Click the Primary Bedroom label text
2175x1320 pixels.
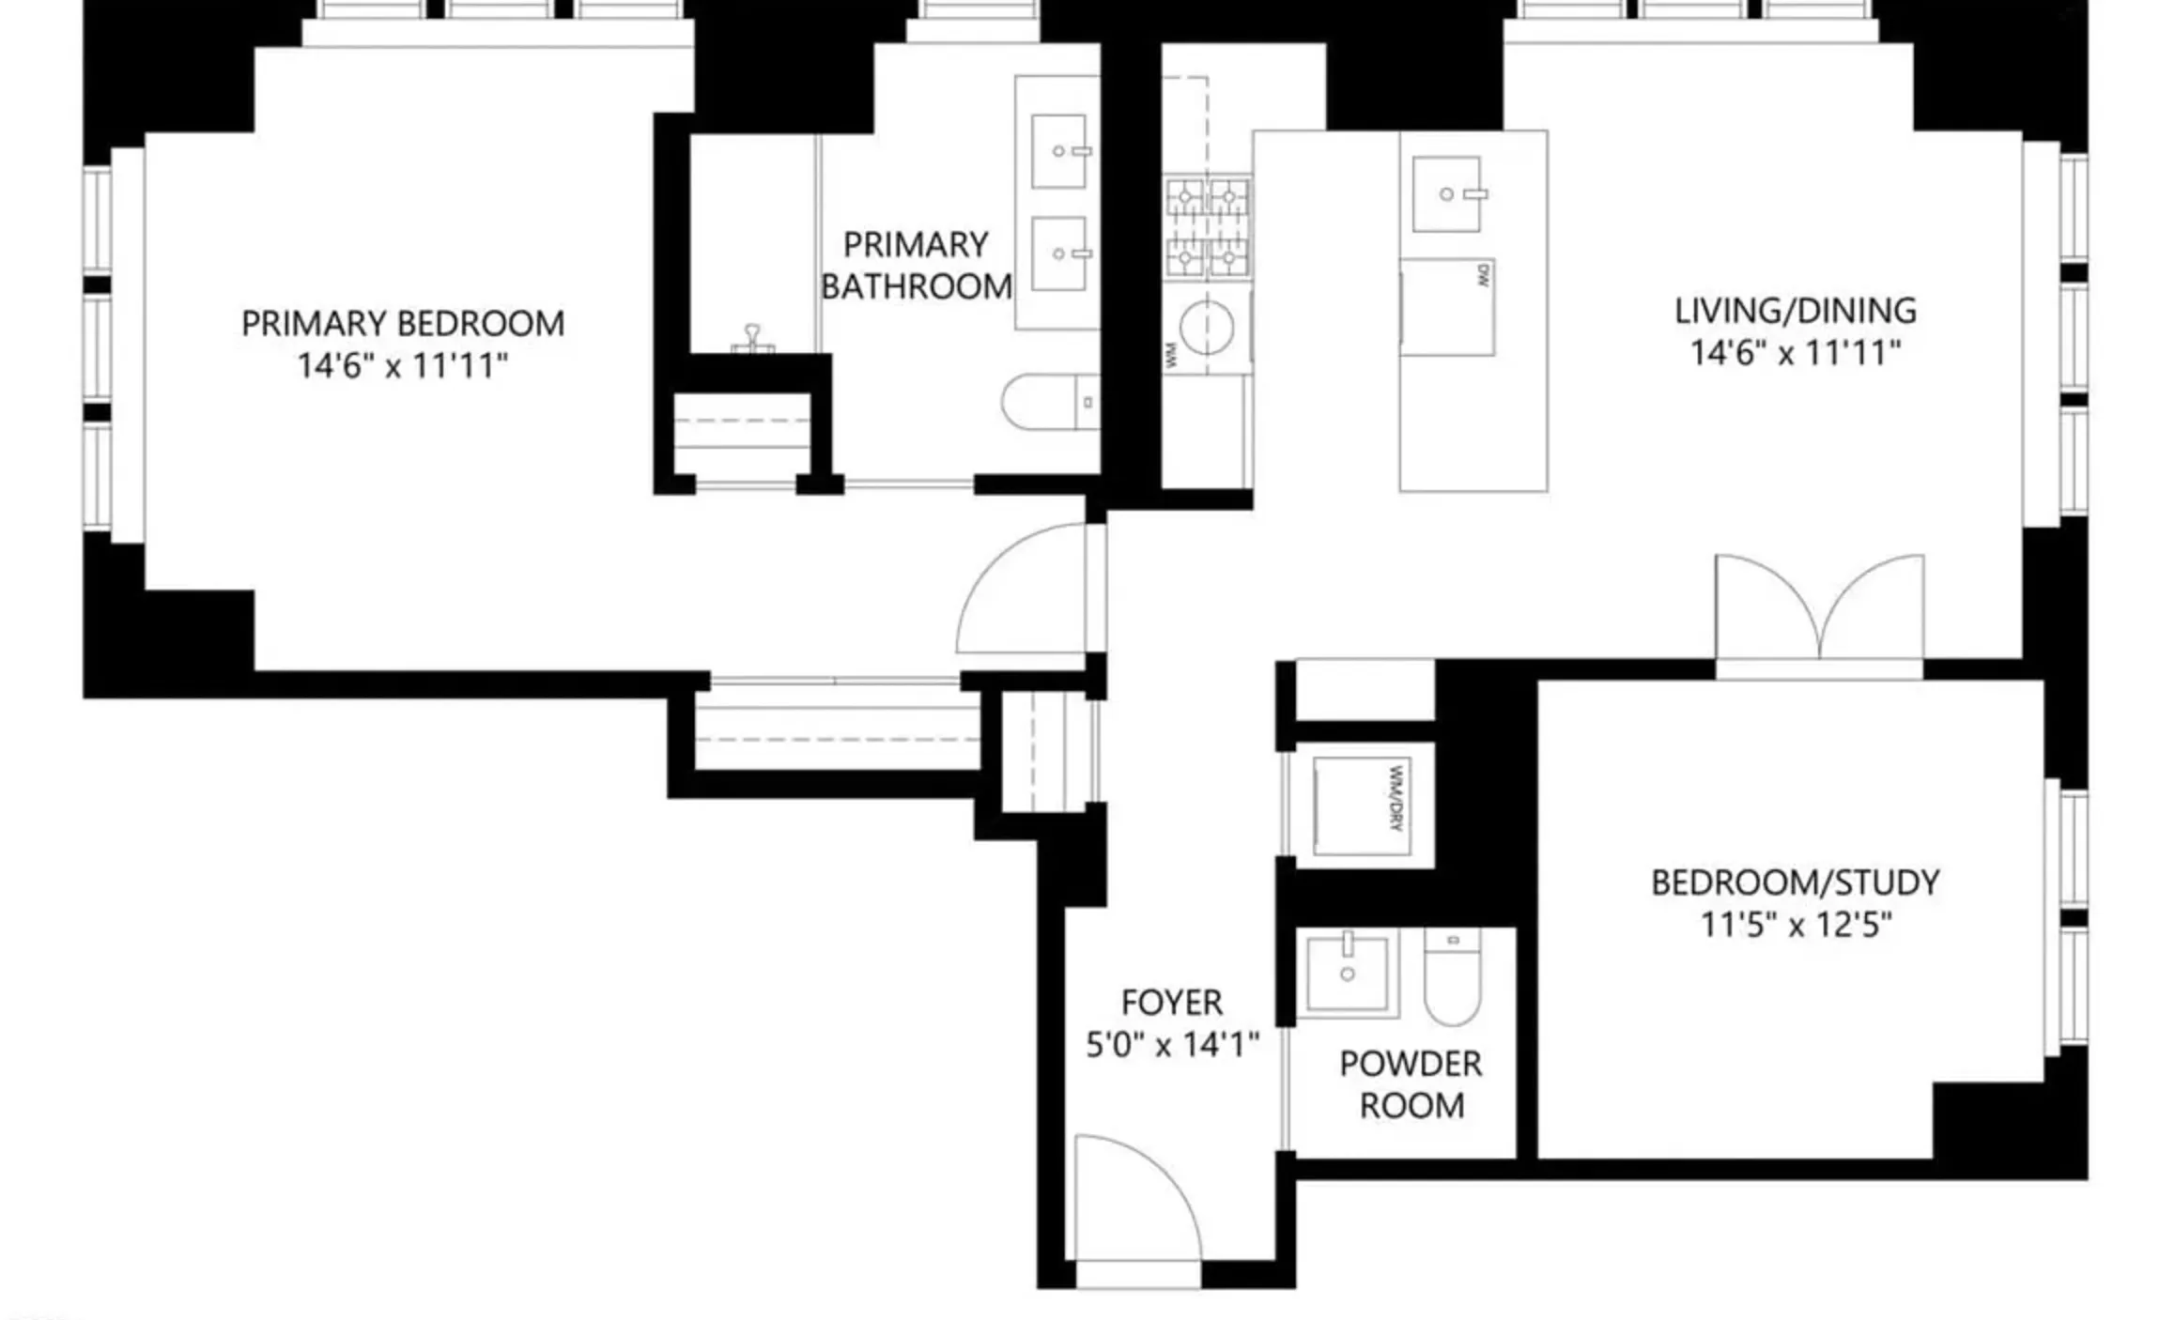[x=403, y=324]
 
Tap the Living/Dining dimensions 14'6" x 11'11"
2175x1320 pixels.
[x=1795, y=354]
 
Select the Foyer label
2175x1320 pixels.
[x=1171, y=1003]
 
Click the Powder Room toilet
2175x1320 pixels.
[x=1452, y=976]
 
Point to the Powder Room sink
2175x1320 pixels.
[x=1348, y=972]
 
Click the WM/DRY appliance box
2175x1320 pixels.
[x=1362, y=806]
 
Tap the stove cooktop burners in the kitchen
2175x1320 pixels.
[x=1207, y=226]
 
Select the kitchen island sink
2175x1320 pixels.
[x=1447, y=193]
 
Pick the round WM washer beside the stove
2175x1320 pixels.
[x=1206, y=327]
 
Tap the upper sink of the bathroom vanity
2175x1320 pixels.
[x=1058, y=151]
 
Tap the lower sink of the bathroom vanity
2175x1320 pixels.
[x=1058, y=254]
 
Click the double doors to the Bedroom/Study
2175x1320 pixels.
[x=1819, y=610]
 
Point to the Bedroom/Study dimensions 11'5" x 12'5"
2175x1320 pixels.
[x=1795, y=926]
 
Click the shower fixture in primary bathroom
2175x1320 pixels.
[x=752, y=339]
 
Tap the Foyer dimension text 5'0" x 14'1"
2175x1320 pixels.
[x=1171, y=1045]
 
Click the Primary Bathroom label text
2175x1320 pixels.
[x=916, y=266]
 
